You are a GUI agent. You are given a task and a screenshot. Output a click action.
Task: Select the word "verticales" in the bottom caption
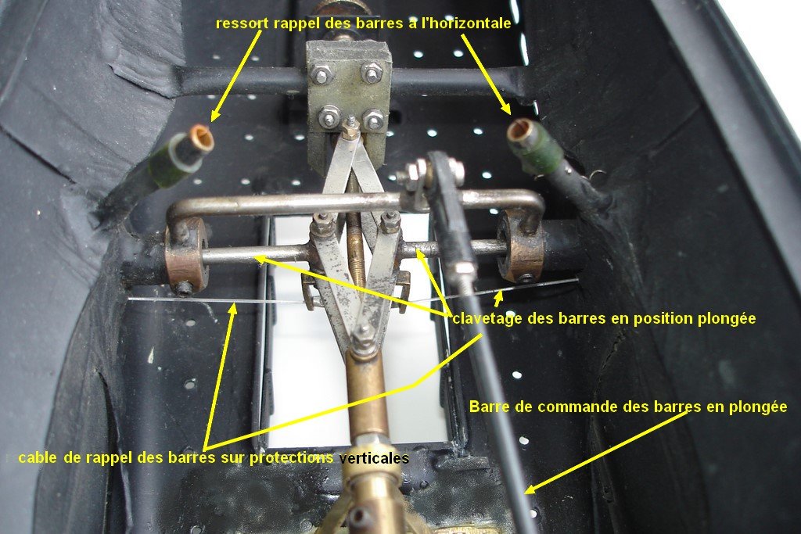click(x=374, y=458)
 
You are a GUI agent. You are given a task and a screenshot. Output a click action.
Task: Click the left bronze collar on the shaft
click(x=186, y=254)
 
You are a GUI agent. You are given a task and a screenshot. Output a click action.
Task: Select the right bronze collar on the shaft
click(x=520, y=245)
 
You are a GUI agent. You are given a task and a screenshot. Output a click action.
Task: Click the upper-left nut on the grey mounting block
click(x=321, y=75)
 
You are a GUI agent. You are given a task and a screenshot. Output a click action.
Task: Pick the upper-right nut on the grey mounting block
click(x=372, y=72)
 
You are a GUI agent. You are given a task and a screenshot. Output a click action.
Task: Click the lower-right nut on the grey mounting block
click(x=373, y=120)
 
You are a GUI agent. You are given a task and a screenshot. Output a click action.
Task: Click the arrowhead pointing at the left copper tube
click(x=215, y=116)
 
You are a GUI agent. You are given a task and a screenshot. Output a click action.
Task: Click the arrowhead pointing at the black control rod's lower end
click(x=530, y=489)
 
